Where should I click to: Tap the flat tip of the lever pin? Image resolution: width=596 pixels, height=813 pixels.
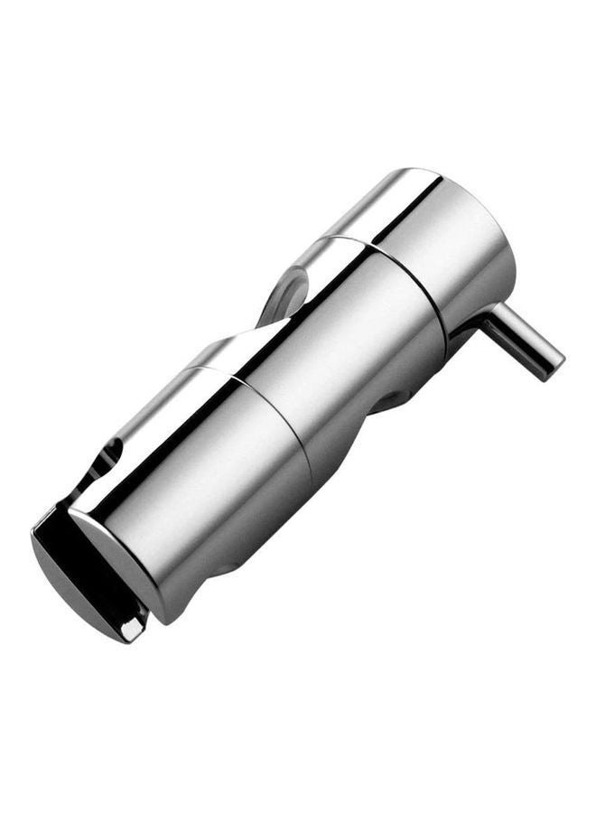(553, 366)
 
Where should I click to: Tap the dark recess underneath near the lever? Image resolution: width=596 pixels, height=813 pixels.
(411, 397)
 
